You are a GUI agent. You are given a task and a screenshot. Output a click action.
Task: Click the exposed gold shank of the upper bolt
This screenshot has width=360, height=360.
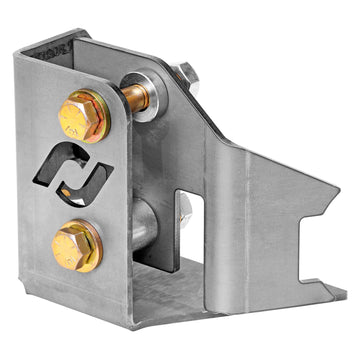click(135, 98)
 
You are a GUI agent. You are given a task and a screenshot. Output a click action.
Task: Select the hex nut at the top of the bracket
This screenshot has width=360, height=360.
click(186, 76)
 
